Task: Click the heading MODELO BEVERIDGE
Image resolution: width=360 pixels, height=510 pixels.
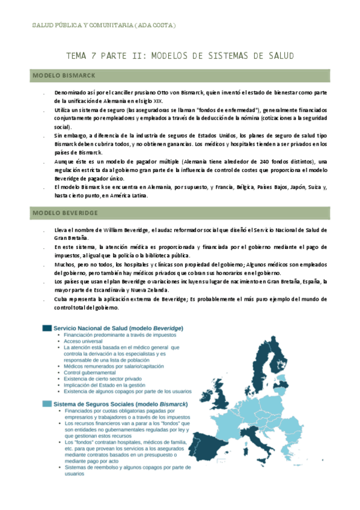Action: [64, 213]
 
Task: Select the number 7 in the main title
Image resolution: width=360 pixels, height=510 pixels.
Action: [94, 56]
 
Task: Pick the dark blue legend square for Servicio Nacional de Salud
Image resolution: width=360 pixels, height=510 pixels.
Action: [46, 328]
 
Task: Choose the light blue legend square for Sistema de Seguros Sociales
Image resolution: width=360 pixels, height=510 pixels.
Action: [46, 404]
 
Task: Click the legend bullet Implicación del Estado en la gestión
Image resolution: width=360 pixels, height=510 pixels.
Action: [109, 385]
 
